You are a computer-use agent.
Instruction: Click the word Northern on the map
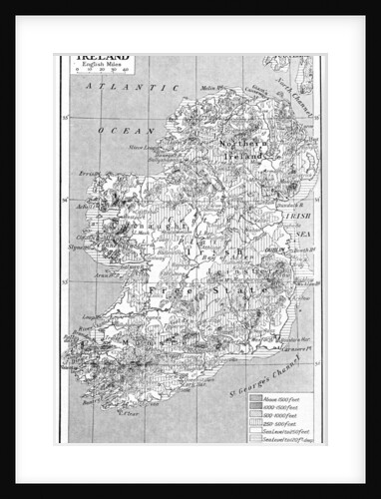(x=236, y=144)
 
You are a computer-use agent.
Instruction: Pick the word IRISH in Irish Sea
(x=299, y=214)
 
